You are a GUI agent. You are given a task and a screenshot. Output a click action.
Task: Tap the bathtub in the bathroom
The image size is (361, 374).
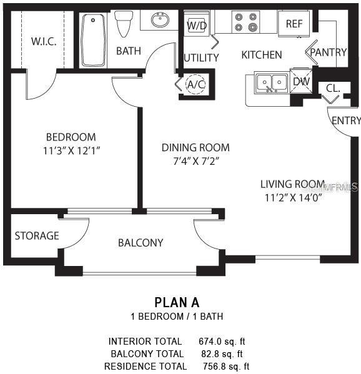(93, 39)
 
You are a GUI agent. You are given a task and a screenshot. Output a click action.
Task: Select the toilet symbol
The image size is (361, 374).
(124, 23)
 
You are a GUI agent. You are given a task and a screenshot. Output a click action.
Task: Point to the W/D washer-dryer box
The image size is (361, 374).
(196, 26)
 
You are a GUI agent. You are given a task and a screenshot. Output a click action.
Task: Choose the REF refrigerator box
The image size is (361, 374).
(294, 24)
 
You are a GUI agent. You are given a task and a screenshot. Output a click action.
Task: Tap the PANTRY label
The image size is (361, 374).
(329, 52)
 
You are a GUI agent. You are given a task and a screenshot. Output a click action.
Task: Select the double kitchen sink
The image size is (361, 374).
(271, 82)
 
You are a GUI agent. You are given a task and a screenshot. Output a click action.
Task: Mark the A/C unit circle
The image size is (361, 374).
(196, 84)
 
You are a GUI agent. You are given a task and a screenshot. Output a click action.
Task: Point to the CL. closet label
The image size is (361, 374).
(333, 89)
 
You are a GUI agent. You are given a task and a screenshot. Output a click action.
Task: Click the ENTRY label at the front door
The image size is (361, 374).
(345, 121)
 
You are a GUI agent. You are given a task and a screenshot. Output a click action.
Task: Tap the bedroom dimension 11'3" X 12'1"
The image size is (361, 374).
(71, 150)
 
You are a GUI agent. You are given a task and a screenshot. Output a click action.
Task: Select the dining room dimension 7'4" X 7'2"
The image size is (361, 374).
(195, 160)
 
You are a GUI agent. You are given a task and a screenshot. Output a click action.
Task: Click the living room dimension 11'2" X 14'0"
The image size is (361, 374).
(292, 198)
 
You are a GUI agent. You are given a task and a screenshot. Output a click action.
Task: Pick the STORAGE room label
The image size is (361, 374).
(37, 236)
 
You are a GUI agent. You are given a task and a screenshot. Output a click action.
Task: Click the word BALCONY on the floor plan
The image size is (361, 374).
(141, 243)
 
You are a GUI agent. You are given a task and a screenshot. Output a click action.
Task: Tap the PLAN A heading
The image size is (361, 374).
(177, 303)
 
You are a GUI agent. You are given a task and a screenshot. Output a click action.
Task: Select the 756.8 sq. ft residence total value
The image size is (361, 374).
(226, 367)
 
